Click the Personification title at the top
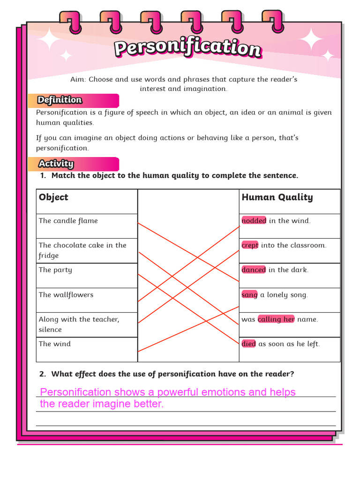[187, 49]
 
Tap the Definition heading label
[60, 100]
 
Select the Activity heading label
[56, 164]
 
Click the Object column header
[53, 197]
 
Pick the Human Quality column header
[277, 197]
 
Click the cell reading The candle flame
[68, 221]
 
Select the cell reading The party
[56, 270]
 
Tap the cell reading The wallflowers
[66, 295]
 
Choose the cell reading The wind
[55, 344]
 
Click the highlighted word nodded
[254, 221]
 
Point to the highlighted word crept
[250, 245]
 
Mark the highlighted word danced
[254, 270]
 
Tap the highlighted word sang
[249, 295]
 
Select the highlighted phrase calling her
[276, 319]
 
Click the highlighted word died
[248, 344]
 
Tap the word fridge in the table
[49, 256]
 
